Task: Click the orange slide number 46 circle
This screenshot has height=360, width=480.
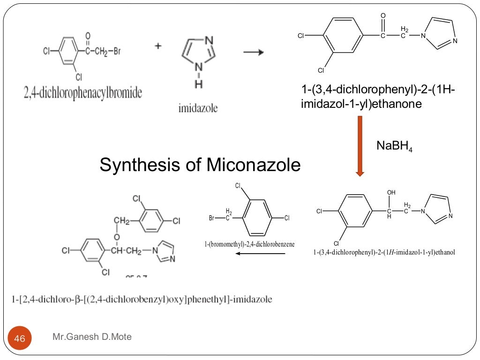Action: click(20, 338)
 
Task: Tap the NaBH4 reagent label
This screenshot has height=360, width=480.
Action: click(394, 146)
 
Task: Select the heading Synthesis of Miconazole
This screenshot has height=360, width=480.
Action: click(200, 165)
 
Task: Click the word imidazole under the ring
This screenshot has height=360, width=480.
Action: click(198, 108)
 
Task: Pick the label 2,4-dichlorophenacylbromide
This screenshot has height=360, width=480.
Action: click(82, 92)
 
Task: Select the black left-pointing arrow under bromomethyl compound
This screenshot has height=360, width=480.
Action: click(260, 254)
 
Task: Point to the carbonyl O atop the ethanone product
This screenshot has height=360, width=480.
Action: click(383, 16)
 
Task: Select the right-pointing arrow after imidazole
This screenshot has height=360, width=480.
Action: click(253, 52)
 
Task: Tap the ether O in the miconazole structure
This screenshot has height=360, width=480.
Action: click(117, 235)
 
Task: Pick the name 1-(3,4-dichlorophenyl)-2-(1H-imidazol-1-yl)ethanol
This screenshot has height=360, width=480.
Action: click(384, 253)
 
